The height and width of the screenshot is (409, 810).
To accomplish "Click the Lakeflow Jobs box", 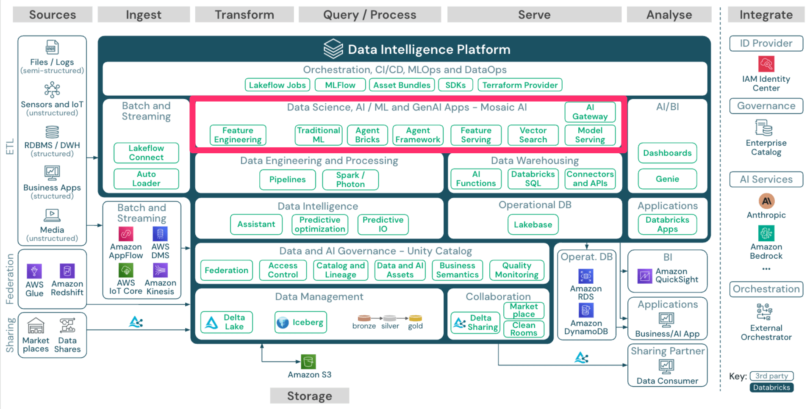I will (x=277, y=85).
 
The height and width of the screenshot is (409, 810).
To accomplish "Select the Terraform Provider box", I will (x=519, y=85).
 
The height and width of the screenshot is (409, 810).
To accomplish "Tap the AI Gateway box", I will (x=590, y=112).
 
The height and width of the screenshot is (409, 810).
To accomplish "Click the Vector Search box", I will (x=533, y=135).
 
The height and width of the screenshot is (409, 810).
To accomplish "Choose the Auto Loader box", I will (x=146, y=179).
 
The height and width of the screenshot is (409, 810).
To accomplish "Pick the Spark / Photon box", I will (x=350, y=180).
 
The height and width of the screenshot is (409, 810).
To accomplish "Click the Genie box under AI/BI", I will (x=667, y=179).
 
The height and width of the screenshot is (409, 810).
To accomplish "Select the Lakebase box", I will (x=533, y=224).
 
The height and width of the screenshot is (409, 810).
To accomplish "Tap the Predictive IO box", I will (x=383, y=224).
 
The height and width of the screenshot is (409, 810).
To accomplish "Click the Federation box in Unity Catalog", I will (x=226, y=270).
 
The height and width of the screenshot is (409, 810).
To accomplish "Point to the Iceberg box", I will (x=300, y=323).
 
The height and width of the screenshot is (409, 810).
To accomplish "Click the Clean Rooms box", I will (x=523, y=329).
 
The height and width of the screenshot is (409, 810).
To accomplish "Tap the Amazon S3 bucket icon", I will (x=308, y=362).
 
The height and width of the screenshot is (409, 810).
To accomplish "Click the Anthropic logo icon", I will (x=766, y=201).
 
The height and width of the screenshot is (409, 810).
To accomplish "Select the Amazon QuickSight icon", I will (x=644, y=276).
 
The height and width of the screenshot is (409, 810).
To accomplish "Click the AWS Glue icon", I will (x=34, y=271).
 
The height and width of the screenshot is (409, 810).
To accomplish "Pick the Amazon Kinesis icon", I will (x=160, y=270).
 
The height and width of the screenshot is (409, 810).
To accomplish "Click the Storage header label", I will (x=309, y=396).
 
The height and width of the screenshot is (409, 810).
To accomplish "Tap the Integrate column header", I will (x=766, y=15).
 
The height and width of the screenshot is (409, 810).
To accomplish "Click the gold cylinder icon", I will (x=415, y=318).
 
